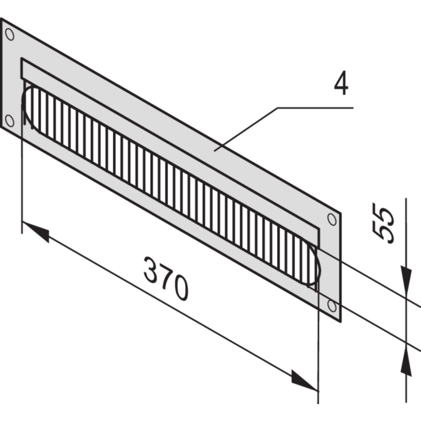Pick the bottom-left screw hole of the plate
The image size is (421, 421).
(10, 120)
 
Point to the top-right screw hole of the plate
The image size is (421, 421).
(330, 218)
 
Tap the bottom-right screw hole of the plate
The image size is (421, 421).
(330, 306)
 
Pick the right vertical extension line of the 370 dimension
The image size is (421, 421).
(317, 337)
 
